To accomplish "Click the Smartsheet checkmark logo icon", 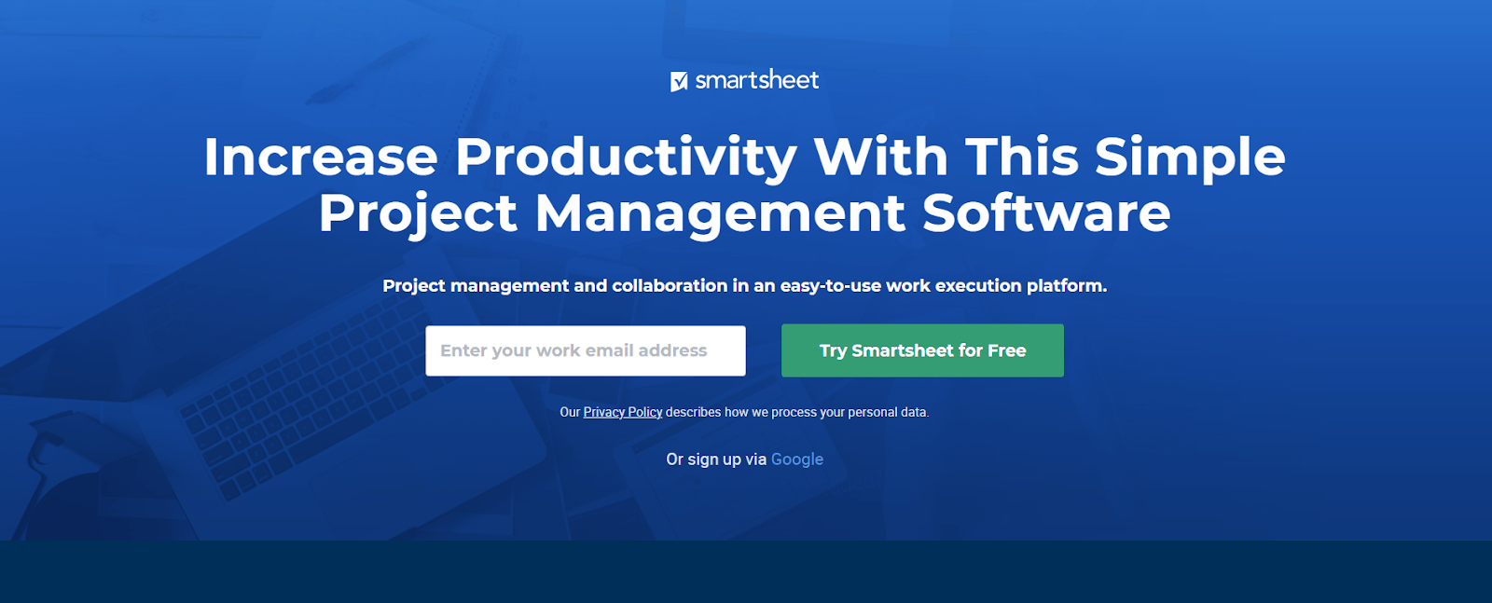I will [x=679, y=82].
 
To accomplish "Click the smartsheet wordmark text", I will [x=757, y=80].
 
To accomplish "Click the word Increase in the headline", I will [x=321, y=157].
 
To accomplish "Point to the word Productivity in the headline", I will [x=626, y=157].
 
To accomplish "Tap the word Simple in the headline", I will [x=1190, y=157].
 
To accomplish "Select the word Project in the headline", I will [x=418, y=213].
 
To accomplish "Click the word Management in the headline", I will [x=720, y=213].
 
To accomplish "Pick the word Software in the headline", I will [x=1046, y=213].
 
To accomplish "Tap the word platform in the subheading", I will [x=1066, y=286].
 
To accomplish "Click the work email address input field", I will [x=586, y=350].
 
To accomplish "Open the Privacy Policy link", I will [x=623, y=412].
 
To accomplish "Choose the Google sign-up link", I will [x=797, y=459].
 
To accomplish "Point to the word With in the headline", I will [x=881, y=157].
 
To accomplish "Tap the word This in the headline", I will [x=1022, y=157].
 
